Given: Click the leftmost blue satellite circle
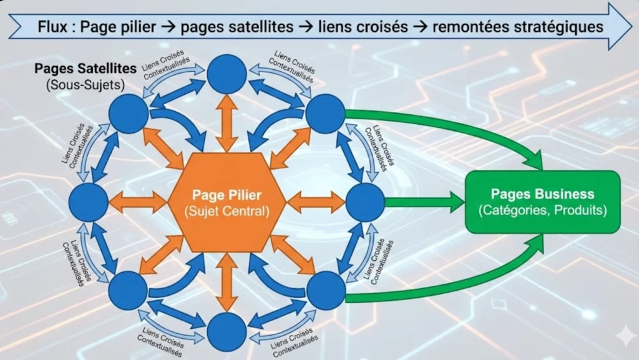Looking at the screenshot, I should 89,202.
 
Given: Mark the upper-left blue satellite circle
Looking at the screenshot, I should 129,114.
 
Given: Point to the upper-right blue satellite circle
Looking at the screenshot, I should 325,114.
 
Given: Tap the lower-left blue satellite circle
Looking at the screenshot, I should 129,291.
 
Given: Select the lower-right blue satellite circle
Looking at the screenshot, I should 325,291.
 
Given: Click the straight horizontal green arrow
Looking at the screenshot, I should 424,202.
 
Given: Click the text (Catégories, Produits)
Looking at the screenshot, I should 542,210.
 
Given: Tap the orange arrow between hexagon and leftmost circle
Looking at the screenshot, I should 139,202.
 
